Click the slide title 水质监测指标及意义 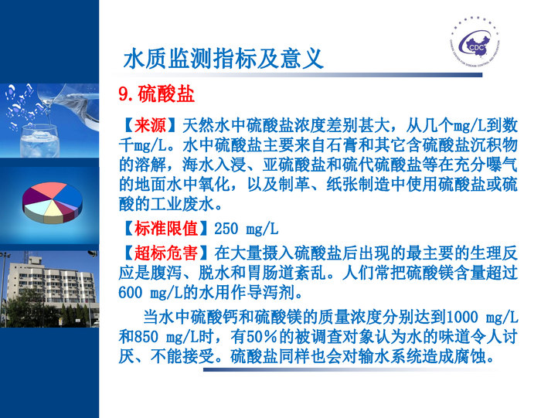pyautogui.click(x=223, y=58)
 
